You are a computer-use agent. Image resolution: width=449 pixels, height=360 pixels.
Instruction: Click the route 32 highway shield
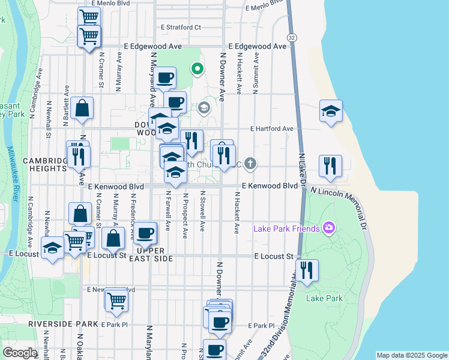click(x=292, y=37)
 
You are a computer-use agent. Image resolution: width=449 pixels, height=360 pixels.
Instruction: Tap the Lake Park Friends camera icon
click(x=328, y=227)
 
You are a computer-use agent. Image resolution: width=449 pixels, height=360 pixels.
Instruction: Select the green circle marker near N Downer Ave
click(x=197, y=69)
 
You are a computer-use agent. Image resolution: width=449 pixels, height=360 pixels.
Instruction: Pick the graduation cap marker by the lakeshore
click(x=331, y=111)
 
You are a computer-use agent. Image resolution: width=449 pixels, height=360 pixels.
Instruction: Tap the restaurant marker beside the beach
click(x=330, y=166)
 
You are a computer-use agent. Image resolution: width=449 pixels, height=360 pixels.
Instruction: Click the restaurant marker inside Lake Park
click(x=307, y=270)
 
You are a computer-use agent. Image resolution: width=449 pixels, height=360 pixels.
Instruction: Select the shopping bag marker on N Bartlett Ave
click(x=82, y=109)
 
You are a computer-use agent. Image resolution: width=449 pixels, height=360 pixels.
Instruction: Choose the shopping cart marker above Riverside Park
click(x=116, y=299)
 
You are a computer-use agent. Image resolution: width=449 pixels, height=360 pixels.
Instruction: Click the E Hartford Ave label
click(x=272, y=128)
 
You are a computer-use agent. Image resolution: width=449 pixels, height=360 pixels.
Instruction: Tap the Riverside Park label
click(x=62, y=324)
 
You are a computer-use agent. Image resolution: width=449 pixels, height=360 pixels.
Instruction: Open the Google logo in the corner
click(x=20, y=353)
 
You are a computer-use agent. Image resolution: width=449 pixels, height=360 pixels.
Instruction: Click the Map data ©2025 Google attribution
click(x=412, y=355)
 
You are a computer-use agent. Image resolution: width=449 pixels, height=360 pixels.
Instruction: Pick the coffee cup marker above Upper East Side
click(x=145, y=233)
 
